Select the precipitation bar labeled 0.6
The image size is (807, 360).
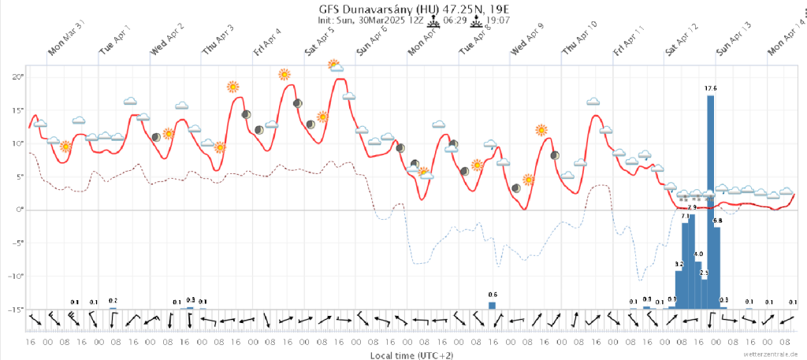coord(493,305)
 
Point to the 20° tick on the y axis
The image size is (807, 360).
coord(17,76)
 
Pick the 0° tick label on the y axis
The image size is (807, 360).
coord(18,210)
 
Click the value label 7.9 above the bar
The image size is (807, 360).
coord(693,207)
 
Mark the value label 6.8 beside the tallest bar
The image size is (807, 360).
coord(717,221)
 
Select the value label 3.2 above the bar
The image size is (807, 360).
coord(679,264)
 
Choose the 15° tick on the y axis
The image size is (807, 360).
coord(17,109)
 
